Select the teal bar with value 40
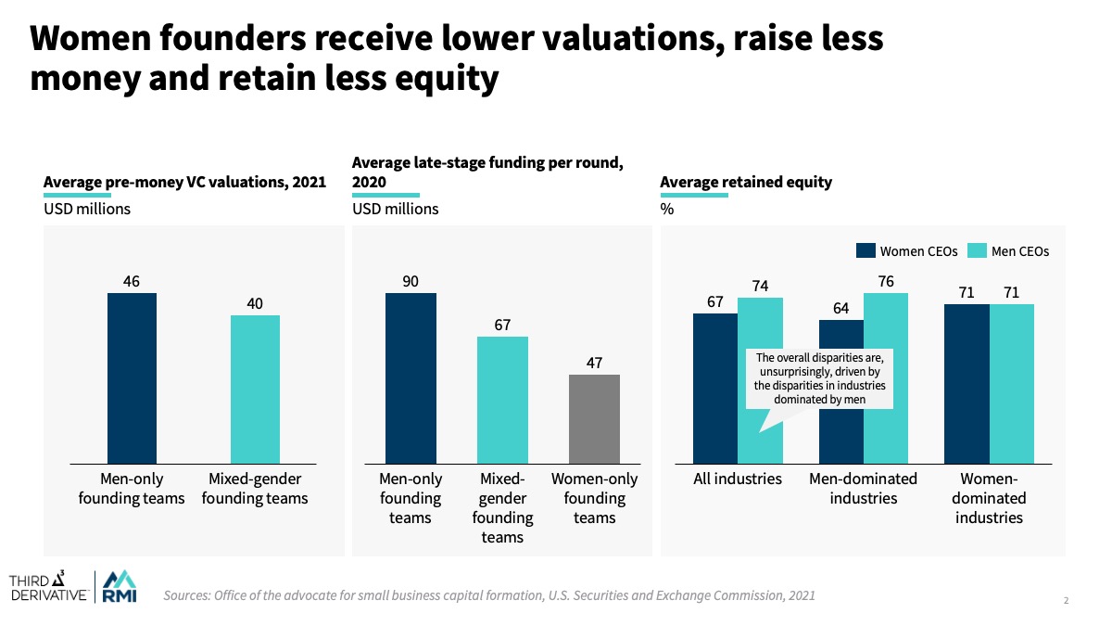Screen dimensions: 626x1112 click(x=255, y=389)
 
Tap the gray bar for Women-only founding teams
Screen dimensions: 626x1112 click(x=594, y=418)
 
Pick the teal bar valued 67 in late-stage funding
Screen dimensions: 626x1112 click(x=502, y=400)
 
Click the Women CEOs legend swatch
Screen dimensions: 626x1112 click(x=865, y=250)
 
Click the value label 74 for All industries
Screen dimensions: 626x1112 click(x=760, y=286)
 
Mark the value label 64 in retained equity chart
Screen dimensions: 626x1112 click(x=840, y=308)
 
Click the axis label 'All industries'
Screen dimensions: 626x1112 click(x=738, y=479)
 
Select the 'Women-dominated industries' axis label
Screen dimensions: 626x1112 click(x=990, y=498)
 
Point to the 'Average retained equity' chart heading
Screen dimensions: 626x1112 click(x=746, y=182)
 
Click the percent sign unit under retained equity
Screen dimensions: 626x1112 click(x=666, y=209)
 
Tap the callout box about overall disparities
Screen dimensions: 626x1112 click(x=819, y=378)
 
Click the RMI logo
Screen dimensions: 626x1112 click(x=118, y=585)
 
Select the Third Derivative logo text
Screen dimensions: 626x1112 click(x=49, y=586)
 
